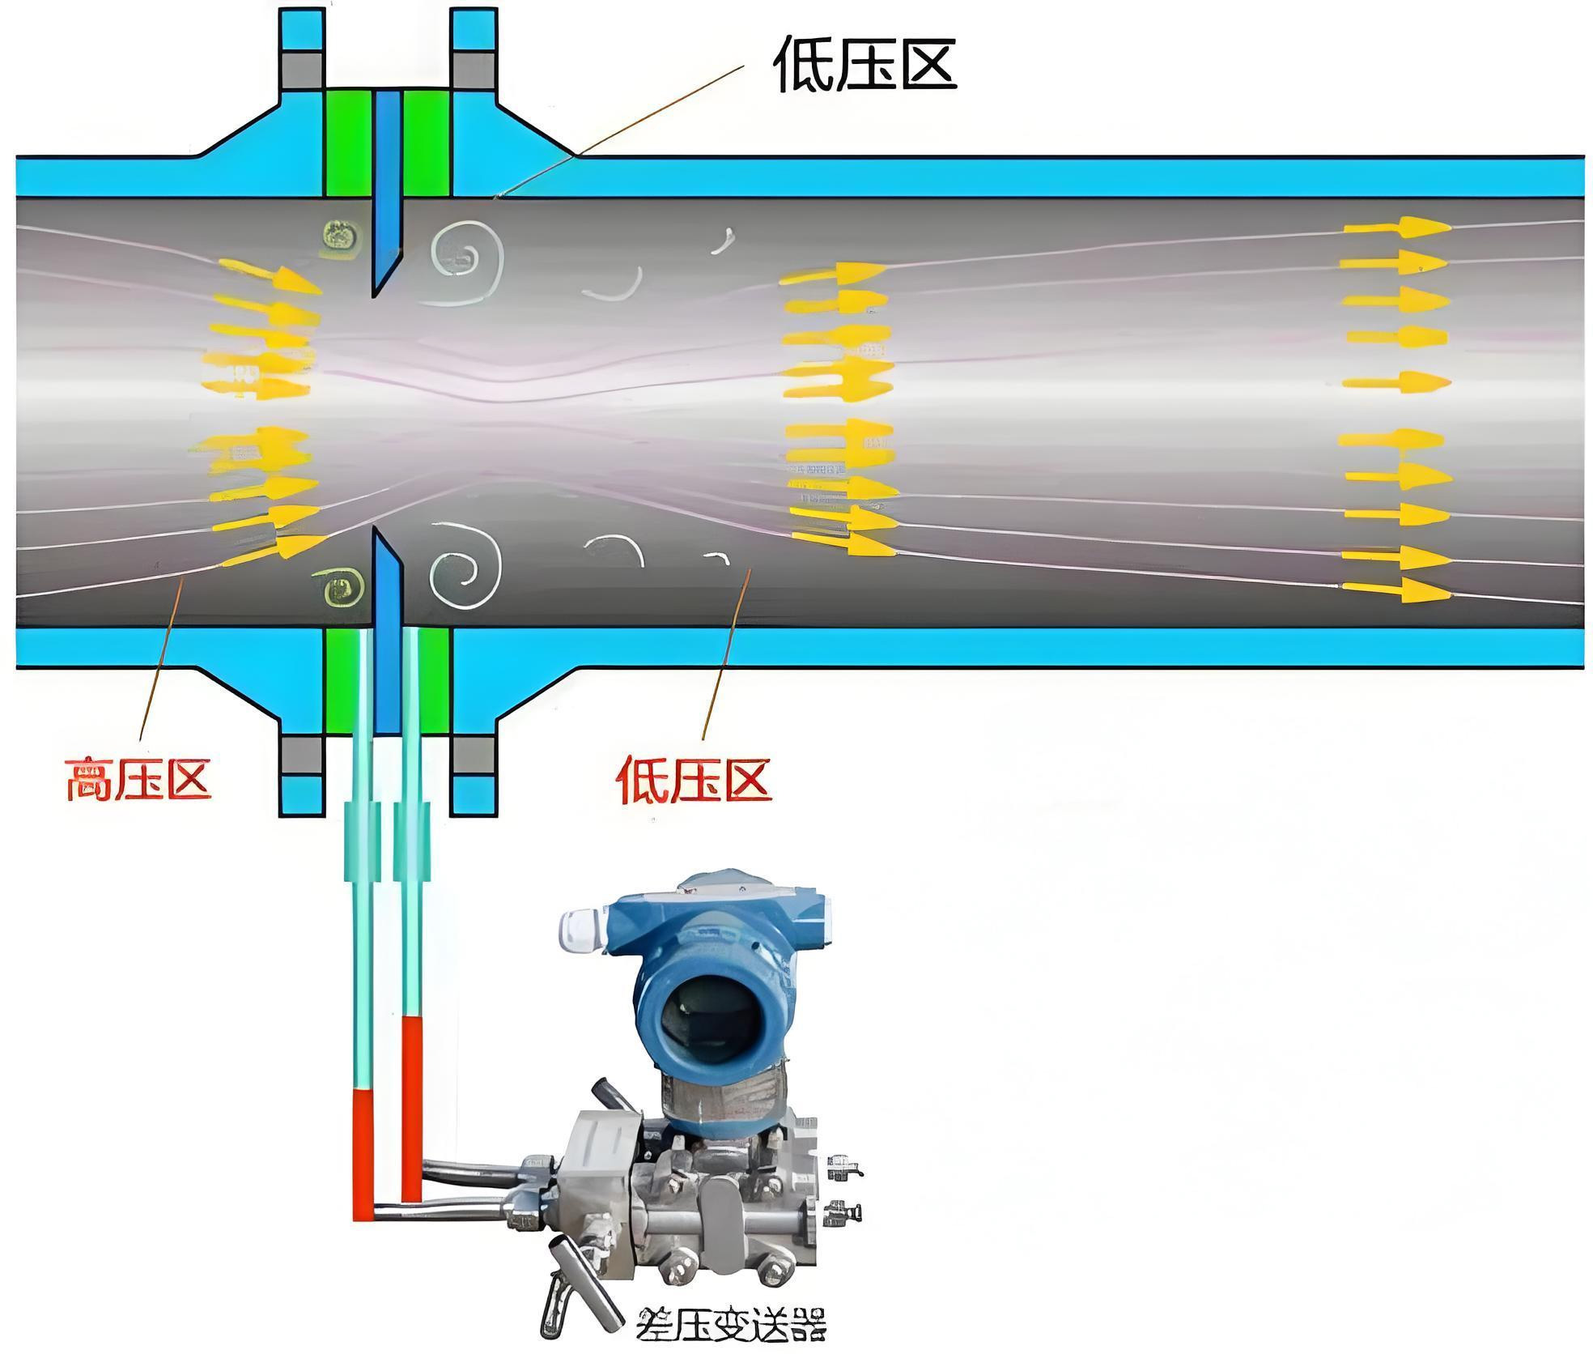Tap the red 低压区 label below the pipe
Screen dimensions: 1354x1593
coord(694,779)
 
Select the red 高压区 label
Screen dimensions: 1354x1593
coord(138,779)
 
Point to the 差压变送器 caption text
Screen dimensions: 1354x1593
coord(733,1324)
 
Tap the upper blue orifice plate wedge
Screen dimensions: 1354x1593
coord(387,194)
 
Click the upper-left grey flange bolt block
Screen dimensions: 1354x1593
coord(302,70)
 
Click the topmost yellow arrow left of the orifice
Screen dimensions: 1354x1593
coord(271,275)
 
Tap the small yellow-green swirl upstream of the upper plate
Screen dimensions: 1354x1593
coord(341,237)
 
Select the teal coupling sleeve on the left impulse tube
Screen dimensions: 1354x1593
coord(362,841)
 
